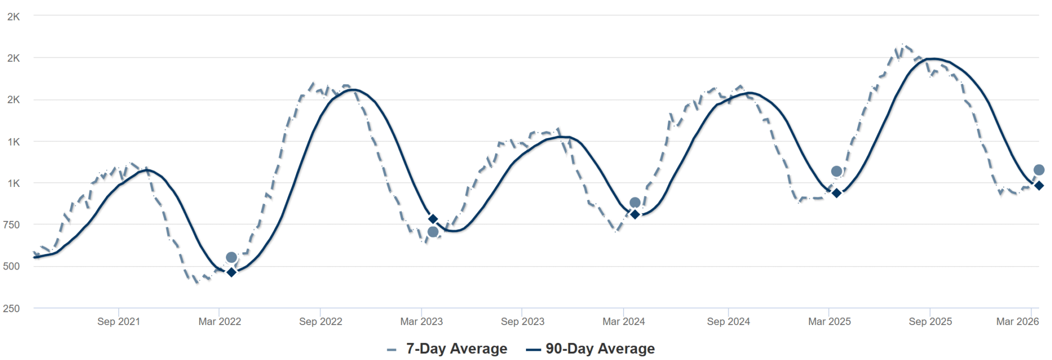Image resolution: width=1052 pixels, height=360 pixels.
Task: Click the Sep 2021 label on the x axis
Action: coord(119,321)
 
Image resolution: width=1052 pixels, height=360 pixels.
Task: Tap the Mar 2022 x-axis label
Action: coord(220,321)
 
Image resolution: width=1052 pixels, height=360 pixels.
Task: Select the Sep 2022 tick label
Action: coord(321,321)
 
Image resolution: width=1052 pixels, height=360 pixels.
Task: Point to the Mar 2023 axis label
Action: coord(421,321)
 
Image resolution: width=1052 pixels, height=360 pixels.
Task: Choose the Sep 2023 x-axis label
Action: coord(522,321)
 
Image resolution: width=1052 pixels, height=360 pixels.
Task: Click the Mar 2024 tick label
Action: coord(624,321)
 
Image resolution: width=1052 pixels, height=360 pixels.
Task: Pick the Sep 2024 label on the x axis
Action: coord(728,321)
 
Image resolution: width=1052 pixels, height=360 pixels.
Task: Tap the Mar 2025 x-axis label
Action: coord(829,321)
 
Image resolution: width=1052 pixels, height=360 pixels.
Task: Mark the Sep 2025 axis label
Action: coord(930,321)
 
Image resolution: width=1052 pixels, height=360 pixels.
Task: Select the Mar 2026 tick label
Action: coord(1017,321)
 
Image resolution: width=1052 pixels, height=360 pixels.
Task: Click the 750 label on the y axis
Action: coord(11,224)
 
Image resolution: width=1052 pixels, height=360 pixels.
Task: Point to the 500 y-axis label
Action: coord(11,266)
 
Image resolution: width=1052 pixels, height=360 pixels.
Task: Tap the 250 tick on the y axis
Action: coord(11,308)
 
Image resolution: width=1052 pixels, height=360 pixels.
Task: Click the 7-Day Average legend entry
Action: coord(447,349)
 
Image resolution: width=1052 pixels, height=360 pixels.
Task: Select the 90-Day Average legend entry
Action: coord(591,349)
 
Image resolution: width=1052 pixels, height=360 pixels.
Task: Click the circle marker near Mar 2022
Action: coord(231,257)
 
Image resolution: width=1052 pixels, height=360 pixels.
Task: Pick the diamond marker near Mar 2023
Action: coord(433,219)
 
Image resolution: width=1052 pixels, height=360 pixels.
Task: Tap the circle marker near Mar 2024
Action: coord(635,203)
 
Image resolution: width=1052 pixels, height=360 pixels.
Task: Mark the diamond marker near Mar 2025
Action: coord(836,193)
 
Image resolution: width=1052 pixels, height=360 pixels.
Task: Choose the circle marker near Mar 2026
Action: coord(1039,170)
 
